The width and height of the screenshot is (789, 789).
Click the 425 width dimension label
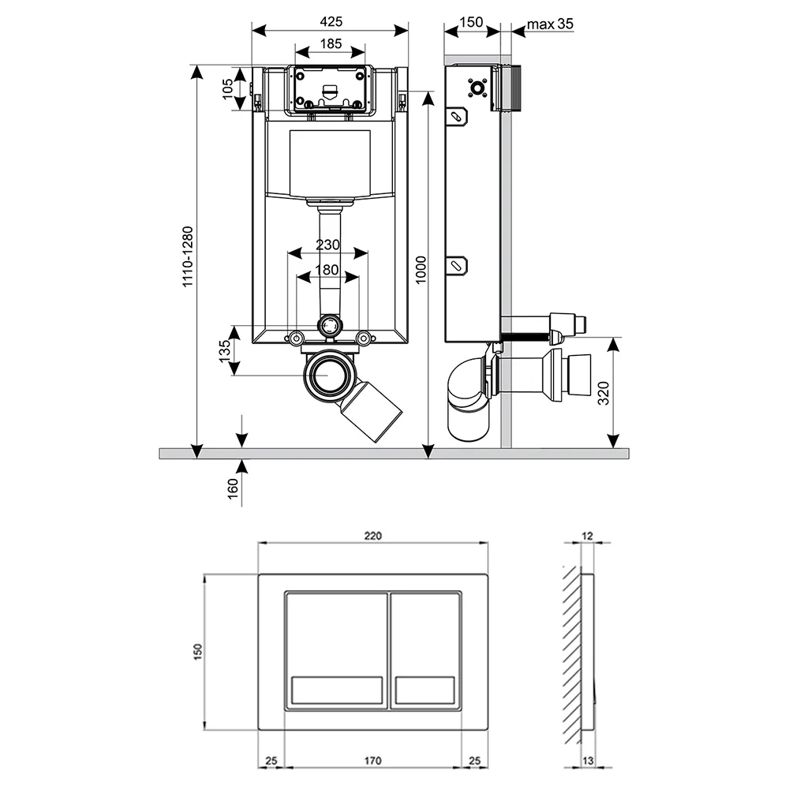tap(331, 21)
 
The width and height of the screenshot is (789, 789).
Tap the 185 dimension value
tap(331, 43)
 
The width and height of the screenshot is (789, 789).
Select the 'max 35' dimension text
tap(550, 24)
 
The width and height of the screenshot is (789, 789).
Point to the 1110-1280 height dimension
tap(188, 256)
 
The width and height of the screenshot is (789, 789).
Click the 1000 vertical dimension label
tap(421, 270)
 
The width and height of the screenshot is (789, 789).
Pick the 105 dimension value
tap(227, 88)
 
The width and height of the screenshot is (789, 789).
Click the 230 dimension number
tap(327, 245)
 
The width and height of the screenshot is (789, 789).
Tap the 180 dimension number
tap(327, 270)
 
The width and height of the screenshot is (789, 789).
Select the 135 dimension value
tap(225, 350)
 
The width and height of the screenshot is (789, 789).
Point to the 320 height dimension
tap(604, 393)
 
